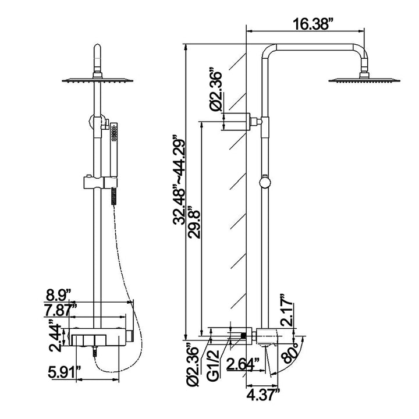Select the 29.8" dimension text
tap(194, 222)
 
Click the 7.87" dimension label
tap(60, 310)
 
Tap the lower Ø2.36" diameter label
tap(193, 367)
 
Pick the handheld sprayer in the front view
tap(114, 164)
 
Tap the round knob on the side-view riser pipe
tap(265, 182)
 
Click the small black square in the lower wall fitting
tap(243, 336)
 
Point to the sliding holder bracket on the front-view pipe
tap(101, 182)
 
